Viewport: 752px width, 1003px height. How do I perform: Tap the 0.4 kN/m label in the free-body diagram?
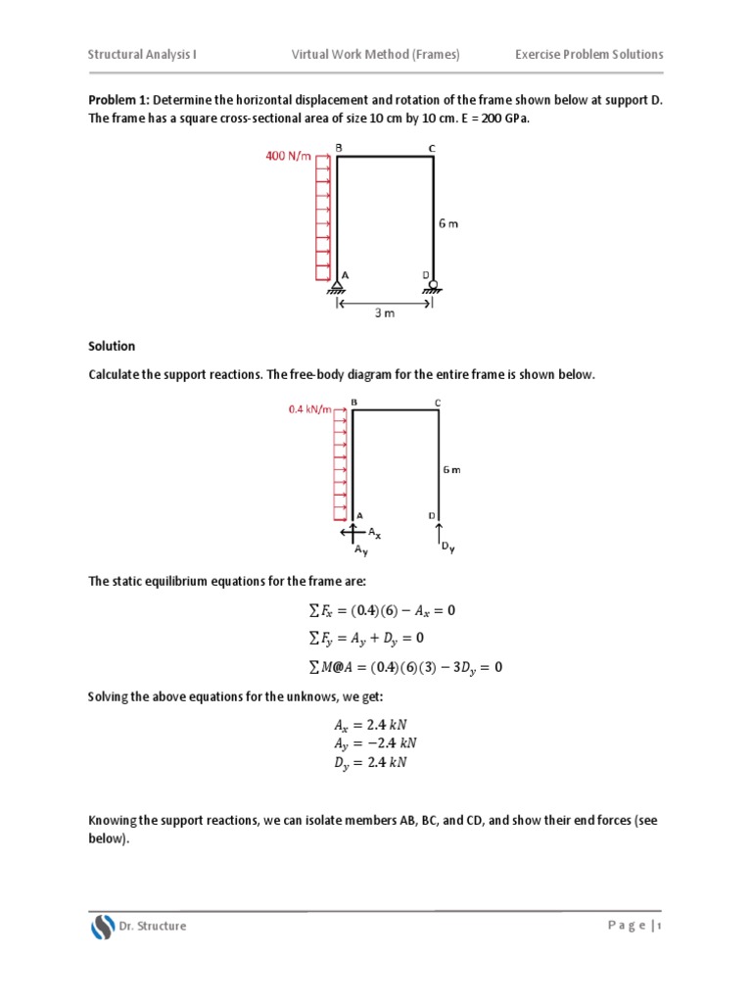(x=309, y=409)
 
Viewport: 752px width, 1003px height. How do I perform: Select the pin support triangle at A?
(x=337, y=286)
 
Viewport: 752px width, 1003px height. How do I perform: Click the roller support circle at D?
(x=433, y=284)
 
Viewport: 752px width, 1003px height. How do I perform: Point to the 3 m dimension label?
(x=385, y=313)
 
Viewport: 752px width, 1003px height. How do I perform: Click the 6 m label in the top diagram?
(x=447, y=223)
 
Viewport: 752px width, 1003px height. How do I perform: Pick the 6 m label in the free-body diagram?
(x=450, y=470)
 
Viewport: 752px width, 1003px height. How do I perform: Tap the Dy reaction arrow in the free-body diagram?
(x=439, y=533)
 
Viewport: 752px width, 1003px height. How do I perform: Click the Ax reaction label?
(x=375, y=534)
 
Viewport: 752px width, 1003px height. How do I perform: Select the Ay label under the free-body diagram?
(x=360, y=550)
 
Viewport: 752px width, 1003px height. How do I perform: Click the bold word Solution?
(x=112, y=347)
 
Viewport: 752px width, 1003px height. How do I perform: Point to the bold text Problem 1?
(x=119, y=100)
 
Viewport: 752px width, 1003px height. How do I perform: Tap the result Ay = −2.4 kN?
(x=368, y=744)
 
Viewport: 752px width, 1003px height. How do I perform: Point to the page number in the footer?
(x=660, y=927)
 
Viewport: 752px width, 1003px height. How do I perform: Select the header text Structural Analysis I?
(x=143, y=54)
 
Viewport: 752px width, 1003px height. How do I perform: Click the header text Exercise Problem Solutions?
(x=588, y=54)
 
